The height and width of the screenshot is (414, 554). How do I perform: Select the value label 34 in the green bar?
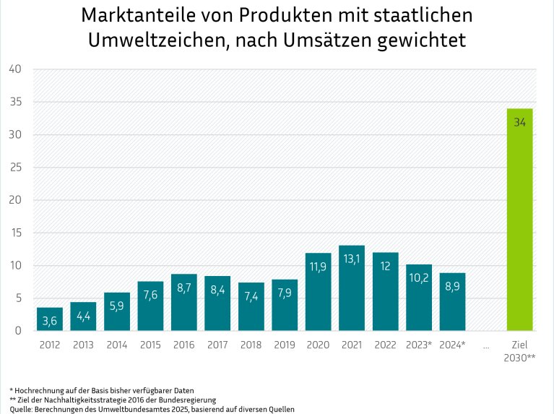coord(519,122)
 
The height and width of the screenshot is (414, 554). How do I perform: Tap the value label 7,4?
coord(251,297)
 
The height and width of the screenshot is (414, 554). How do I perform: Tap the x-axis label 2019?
coord(284,345)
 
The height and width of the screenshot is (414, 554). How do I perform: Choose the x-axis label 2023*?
coord(418,345)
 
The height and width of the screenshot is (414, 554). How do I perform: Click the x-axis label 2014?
coord(116,345)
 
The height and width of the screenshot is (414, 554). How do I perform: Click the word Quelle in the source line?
coord(22,409)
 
